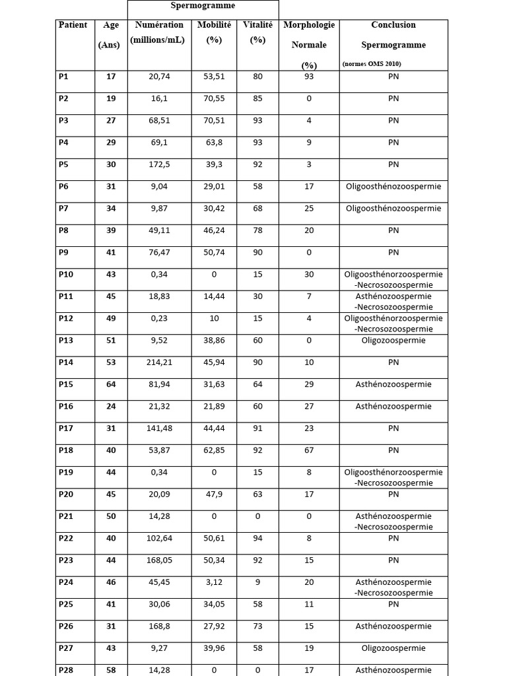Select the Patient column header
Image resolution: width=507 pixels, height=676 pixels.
(73, 25)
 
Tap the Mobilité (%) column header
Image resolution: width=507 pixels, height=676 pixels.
(214, 32)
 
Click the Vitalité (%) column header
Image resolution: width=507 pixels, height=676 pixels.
(257, 32)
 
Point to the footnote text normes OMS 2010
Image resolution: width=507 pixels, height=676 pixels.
(372, 64)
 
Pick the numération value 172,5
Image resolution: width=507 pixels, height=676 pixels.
(159, 164)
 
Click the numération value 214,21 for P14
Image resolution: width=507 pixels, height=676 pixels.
(159, 362)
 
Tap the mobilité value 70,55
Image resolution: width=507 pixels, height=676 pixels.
(215, 98)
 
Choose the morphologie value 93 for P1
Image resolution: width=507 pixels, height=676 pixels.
(309, 77)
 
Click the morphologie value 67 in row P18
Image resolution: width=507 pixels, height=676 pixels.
(309, 450)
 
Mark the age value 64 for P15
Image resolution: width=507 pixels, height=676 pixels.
(111, 384)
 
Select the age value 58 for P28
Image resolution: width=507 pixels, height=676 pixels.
(111, 670)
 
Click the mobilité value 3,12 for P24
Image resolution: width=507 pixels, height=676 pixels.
(215, 582)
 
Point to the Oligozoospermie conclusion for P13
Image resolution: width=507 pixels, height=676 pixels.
(393, 341)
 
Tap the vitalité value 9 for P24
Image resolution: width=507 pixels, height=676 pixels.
(257, 582)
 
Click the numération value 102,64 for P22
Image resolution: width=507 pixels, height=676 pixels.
(159, 538)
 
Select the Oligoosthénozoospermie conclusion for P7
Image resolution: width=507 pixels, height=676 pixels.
(393, 209)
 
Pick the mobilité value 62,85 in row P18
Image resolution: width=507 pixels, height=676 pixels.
(215, 450)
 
